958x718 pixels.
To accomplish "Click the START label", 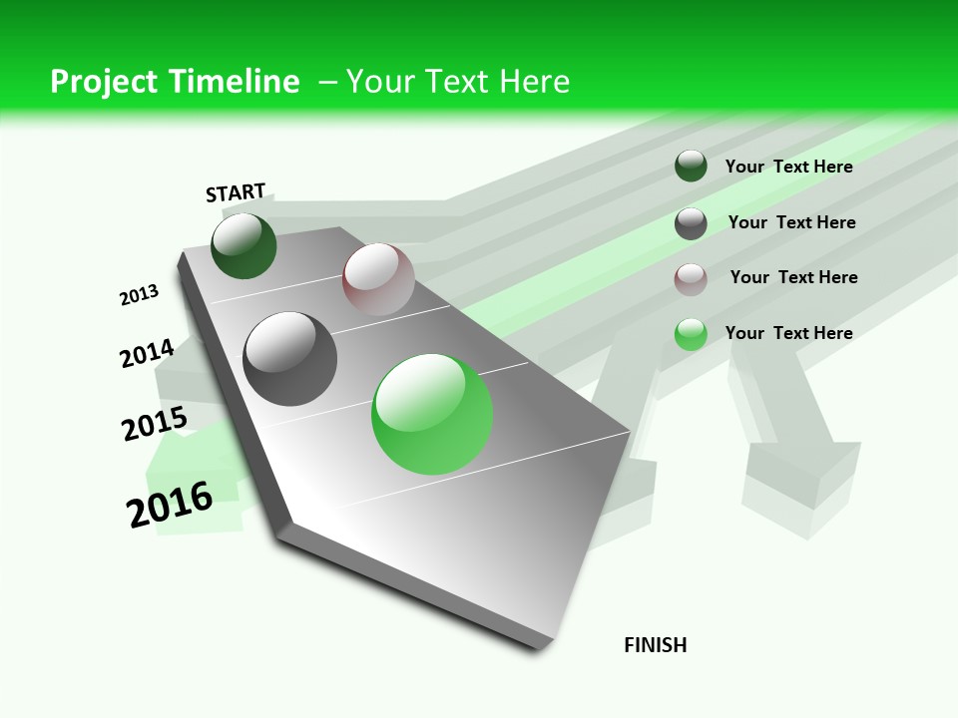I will [236, 192].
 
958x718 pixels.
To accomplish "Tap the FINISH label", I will [656, 645].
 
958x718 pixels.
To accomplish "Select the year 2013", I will [139, 295].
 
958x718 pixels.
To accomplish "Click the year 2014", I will [147, 353].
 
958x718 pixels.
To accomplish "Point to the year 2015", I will [155, 424].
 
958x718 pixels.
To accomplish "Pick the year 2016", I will [170, 505].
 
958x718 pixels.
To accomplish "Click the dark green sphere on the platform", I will [243, 246].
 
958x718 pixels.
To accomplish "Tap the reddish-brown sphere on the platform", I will [378, 279].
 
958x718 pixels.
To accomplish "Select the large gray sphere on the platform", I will [290, 359].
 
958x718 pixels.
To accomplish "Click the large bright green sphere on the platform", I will [432, 414].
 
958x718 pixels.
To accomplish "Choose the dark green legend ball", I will [691, 167].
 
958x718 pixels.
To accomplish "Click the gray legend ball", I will [691, 223].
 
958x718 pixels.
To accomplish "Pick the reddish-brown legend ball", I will [691, 279].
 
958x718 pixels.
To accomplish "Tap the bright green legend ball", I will [691, 334].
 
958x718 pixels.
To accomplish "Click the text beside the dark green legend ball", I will [788, 167].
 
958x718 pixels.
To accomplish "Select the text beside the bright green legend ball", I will [788, 333].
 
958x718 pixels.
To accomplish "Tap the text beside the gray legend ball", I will [791, 222].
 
